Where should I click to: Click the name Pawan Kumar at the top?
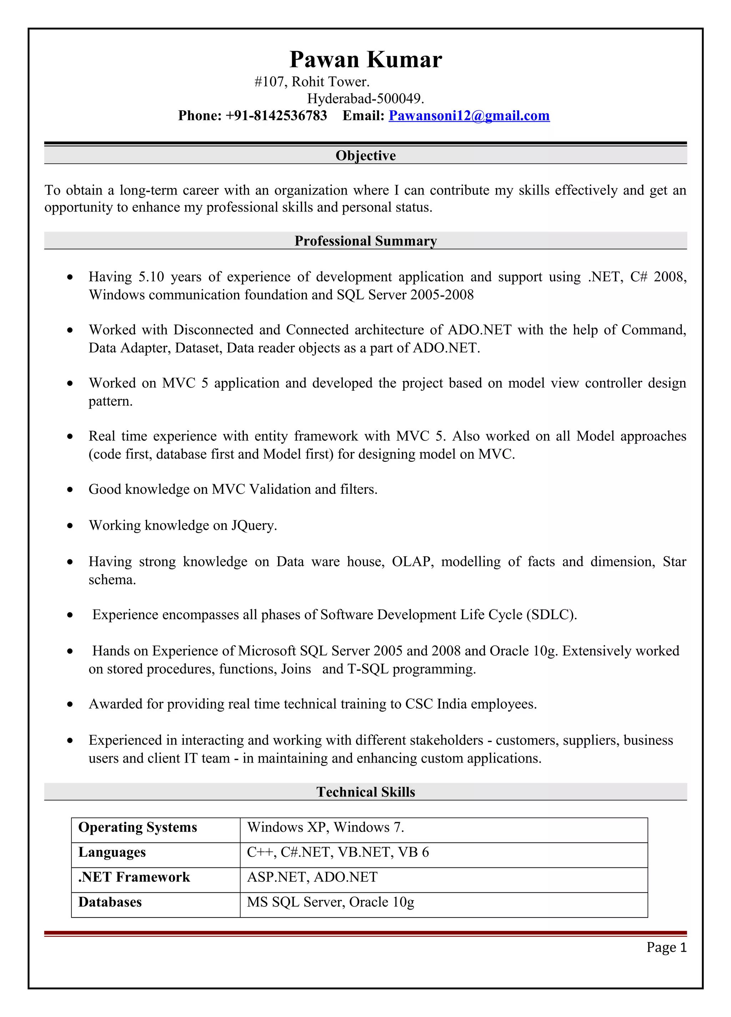click(x=365, y=59)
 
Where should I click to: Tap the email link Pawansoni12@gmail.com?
click(x=469, y=116)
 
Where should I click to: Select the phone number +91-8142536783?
click(x=276, y=116)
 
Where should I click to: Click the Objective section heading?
click(x=365, y=156)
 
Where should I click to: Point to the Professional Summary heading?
click(x=365, y=241)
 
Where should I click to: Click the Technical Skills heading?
click(x=365, y=792)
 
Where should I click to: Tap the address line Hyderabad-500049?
click(x=365, y=98)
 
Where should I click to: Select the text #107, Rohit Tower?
click(x=312, y=82)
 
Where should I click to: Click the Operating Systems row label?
click(x=138, y=827)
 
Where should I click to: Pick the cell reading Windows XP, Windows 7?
click(x=326, y=827)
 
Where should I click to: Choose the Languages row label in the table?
click(x=112, y=852)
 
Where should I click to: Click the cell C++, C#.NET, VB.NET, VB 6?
click(x=338, y=852)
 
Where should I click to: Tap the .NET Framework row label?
click(x=134, y=877)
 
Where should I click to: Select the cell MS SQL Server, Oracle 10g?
click(x=331, y=902)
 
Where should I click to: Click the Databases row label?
click(x=110, y=902)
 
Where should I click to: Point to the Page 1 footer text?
click(x=666, y=947)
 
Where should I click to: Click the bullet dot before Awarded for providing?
click(x=70, y=704)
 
